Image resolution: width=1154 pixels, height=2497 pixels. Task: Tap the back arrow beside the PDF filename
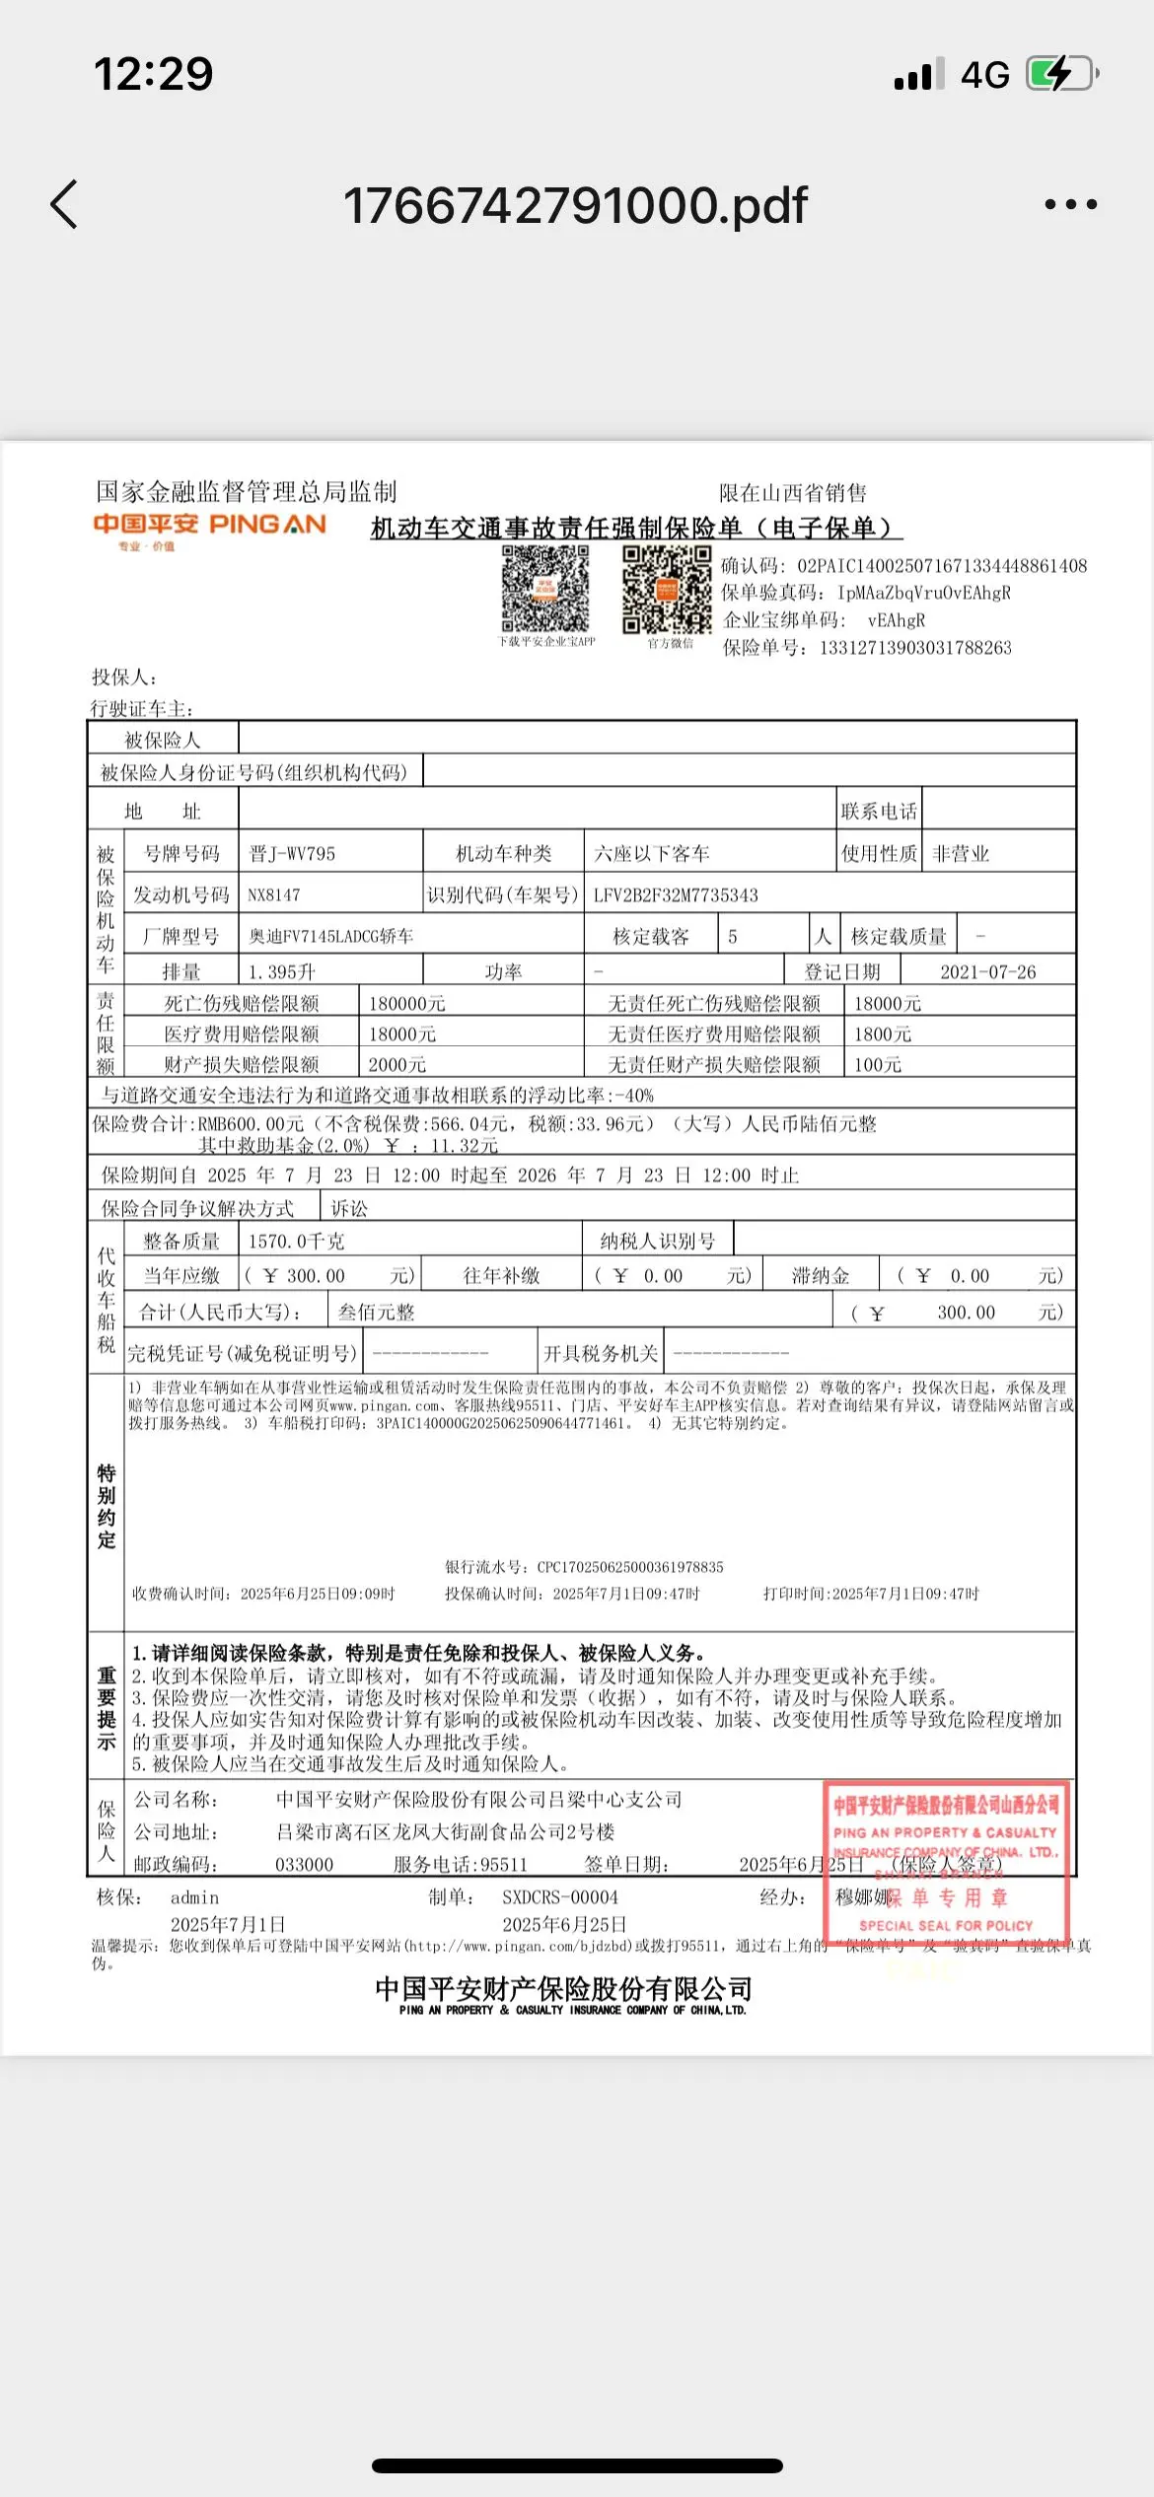pyautogui.click(x=64, y=205)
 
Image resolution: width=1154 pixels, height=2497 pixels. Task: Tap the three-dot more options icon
pyautogui.click(x=1070, y=205)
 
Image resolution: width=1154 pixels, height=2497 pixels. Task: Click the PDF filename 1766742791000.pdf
pyautogui.click(x=575, y=205)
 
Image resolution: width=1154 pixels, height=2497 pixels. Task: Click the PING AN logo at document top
pyautogui.click(x=209, y=526)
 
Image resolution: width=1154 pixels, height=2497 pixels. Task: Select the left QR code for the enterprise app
pyautogui.click(x=545, y=589)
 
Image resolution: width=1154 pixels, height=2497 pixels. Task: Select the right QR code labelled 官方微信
pyautogui.click(x=667, y=590)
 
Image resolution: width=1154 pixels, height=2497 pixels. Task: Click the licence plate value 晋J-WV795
pyautogui.click(x=292, y=854)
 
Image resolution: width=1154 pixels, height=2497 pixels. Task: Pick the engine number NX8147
pyautogui.click(x=274, y=895)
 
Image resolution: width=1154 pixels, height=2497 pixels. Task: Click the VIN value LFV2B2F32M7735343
pyautogui.click(x=676, y=895)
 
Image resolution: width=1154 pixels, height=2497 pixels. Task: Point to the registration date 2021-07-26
pyautogui.click(x=987, y=972)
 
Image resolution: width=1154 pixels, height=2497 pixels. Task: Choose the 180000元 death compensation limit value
pyautogui.click(x=407, y=1004)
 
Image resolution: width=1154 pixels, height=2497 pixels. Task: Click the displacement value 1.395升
pyautogui.click(x=282, y=972)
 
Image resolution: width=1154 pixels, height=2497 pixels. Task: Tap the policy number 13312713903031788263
pyautogui.click(x=915, y=648)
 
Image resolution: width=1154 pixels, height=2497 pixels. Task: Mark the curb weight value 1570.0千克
pyautogui.click(x=296, y=1242)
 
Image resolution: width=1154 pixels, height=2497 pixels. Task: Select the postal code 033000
pyautogui.click(x=304, y=1865)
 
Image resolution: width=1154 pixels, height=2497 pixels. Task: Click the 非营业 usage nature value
pyautogui.click(x=961, y=854)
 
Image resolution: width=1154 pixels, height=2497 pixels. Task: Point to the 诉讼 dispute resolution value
pyautogui.click(x=349, y=1209)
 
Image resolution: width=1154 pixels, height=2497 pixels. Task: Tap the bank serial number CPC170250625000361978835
pyautogui.click(x=630, y=1567)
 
